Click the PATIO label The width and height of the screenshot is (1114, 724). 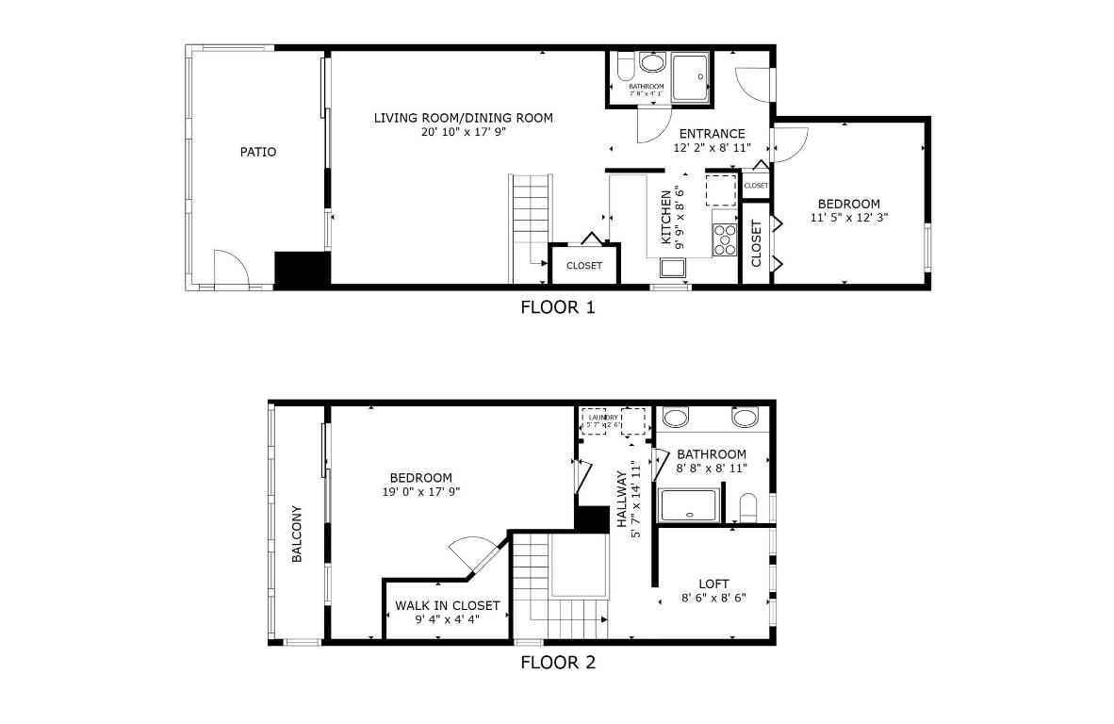pyautogui.click(x=257, y=152)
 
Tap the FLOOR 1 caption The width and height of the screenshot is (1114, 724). pyautogui.click(x=558, y=307)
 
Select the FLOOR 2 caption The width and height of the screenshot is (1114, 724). pyautogui.click(x=558, y=663)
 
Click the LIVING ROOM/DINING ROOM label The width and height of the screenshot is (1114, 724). pyautogui.click(x=463, y=118)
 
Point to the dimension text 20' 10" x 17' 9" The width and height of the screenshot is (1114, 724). pyautogui.click(x=463, y=133)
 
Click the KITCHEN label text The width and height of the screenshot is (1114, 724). pyautogui.click(x=666, y=217)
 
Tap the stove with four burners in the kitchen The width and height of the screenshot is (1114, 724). pyautogui.click(x=725, y=239)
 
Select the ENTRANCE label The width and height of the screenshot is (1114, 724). pyautogui.click(x=712, y=134)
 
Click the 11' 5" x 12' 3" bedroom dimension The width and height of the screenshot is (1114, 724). pyautogui.click(x=849, y=218)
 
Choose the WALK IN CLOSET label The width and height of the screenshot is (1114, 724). pyautogui.click(x=447, y=606)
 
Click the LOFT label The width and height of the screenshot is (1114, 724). pyautogui.click(x=713, y=584)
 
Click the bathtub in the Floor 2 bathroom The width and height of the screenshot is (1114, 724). pyautogui.click(x=691, y=505)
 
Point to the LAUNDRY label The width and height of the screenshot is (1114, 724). pyautogui.click(x=603, y=417)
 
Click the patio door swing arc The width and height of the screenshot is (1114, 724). pyautogui.click(x=231, y=266)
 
